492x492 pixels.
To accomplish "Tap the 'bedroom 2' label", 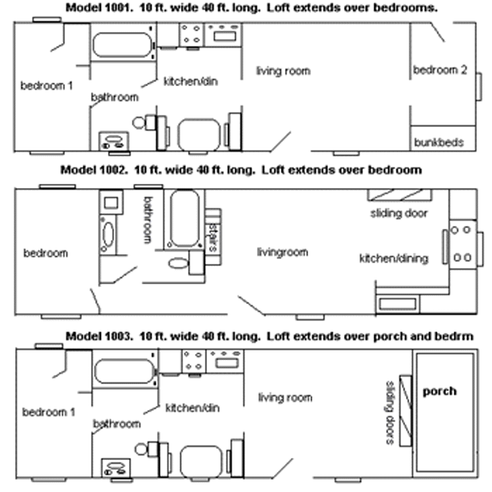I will (440, 70).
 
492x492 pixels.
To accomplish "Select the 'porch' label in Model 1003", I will (440, 392).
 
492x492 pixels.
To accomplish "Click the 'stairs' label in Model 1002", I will (213, 235).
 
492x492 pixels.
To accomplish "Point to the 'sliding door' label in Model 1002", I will (399, 213).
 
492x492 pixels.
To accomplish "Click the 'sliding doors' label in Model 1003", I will (389, 413).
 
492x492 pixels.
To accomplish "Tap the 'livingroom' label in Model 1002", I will (282, 252).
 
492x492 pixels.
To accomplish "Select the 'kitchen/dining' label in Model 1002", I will (394, 258).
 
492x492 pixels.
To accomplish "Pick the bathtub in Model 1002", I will (184, 218).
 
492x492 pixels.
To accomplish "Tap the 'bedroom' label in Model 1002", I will (46, 253).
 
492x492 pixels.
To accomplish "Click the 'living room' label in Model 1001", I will (283, 70).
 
